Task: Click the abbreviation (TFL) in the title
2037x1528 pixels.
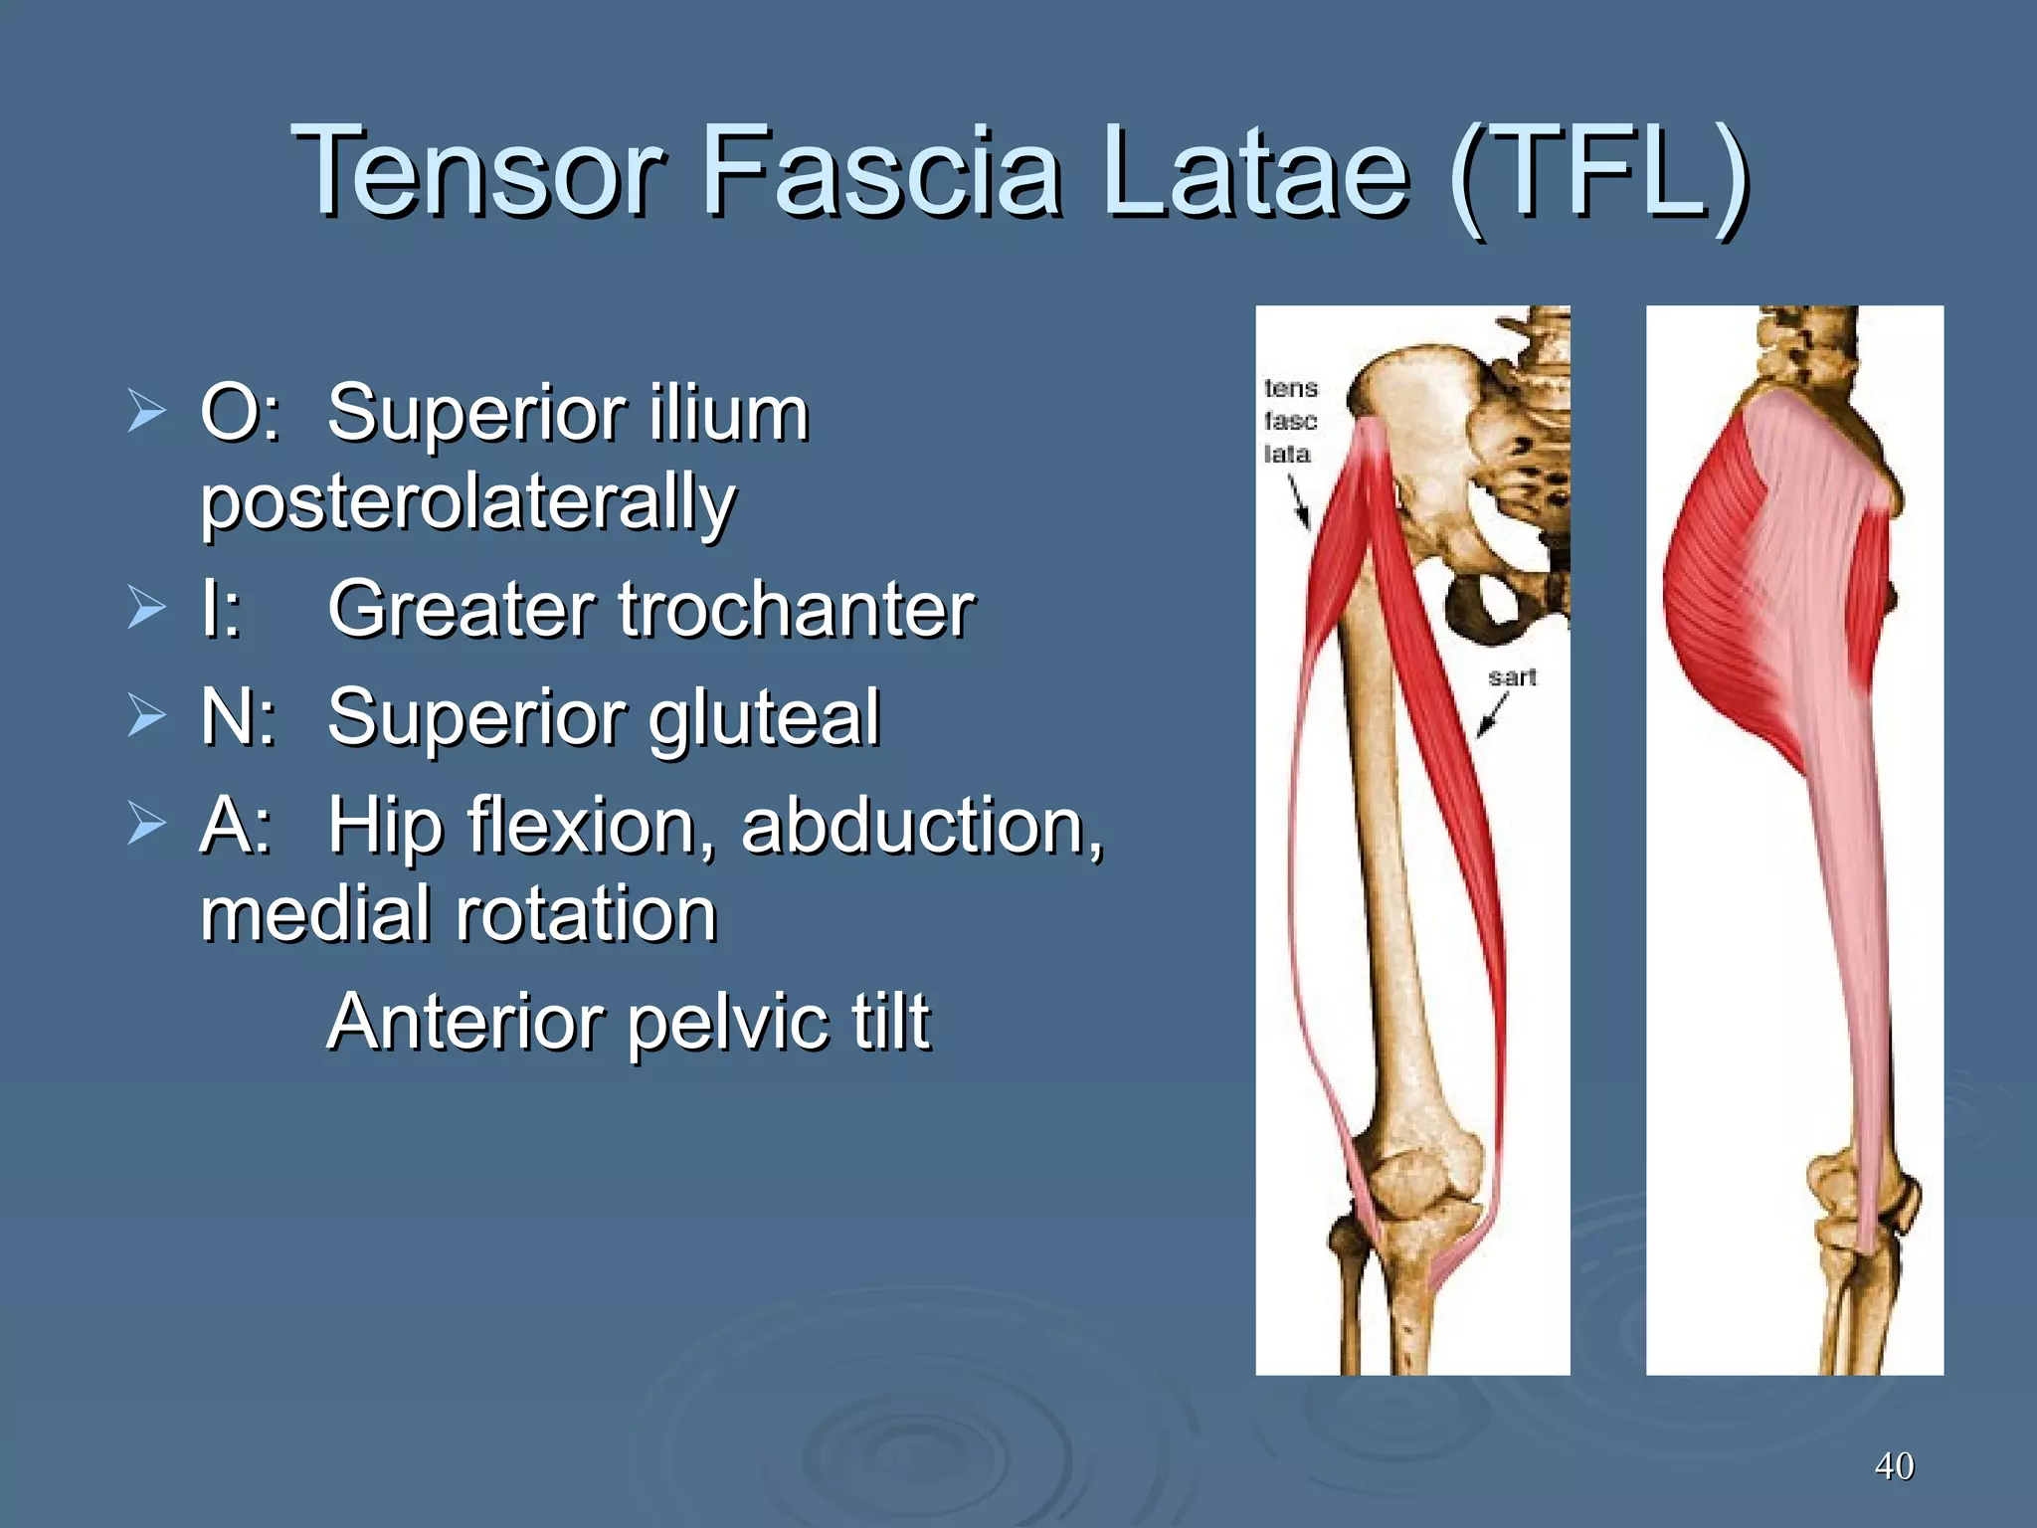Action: click(x=1598, y=171)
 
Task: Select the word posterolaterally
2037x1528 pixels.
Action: click(x=467, y=503)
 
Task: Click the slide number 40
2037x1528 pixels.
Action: click(x=1894, y=1465)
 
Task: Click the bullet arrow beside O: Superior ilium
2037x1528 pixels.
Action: click(x=146, y=412)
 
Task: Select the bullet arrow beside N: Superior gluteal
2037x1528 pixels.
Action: click(x=146, y=716)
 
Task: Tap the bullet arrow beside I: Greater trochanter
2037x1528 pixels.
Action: click(x=146, y=608)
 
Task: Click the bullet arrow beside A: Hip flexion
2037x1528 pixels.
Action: click(x=146, y=825)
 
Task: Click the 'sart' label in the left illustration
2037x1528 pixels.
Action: click(x=1512, y=677)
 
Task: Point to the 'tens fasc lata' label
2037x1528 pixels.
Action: click(x=1290, y=421)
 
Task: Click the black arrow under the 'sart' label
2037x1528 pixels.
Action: click(x=1492, y=714)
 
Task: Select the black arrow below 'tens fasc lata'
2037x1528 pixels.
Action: click(x=1299, y=501)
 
